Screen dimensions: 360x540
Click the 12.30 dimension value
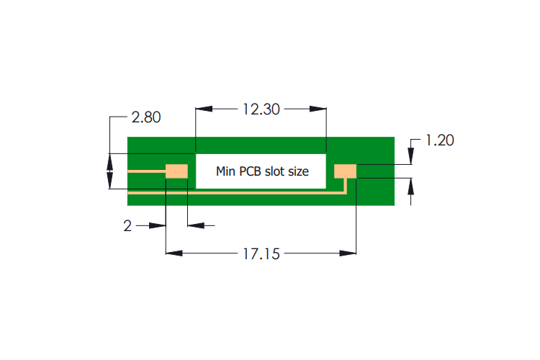click(x=261, y=109)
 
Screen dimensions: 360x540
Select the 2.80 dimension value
click(x=146, y=117)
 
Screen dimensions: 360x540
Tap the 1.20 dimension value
click(x=439, y=140)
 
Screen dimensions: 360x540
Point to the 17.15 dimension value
click(x=261, y=253)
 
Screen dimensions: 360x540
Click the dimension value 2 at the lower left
click(x=127, y=226)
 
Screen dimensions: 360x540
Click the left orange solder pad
click(x=176, y=171)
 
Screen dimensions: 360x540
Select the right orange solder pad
click(x=346, y=171)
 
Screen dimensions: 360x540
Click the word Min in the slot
click(x=227, y=171)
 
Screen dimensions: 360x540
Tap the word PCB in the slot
click(x=253, y=171)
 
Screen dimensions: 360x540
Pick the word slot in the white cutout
click(x=277, y=171)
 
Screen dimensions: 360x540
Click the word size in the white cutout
click(x=299, y=171)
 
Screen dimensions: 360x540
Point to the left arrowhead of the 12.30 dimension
click(x=204, y=109)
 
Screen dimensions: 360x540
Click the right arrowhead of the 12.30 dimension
click(x=318, y=109)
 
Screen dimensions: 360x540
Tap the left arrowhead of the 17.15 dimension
click(x=174, y=253)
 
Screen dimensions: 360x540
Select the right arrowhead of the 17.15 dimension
click(x=348, y=253)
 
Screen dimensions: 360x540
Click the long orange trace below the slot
click(x=238, y=193)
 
